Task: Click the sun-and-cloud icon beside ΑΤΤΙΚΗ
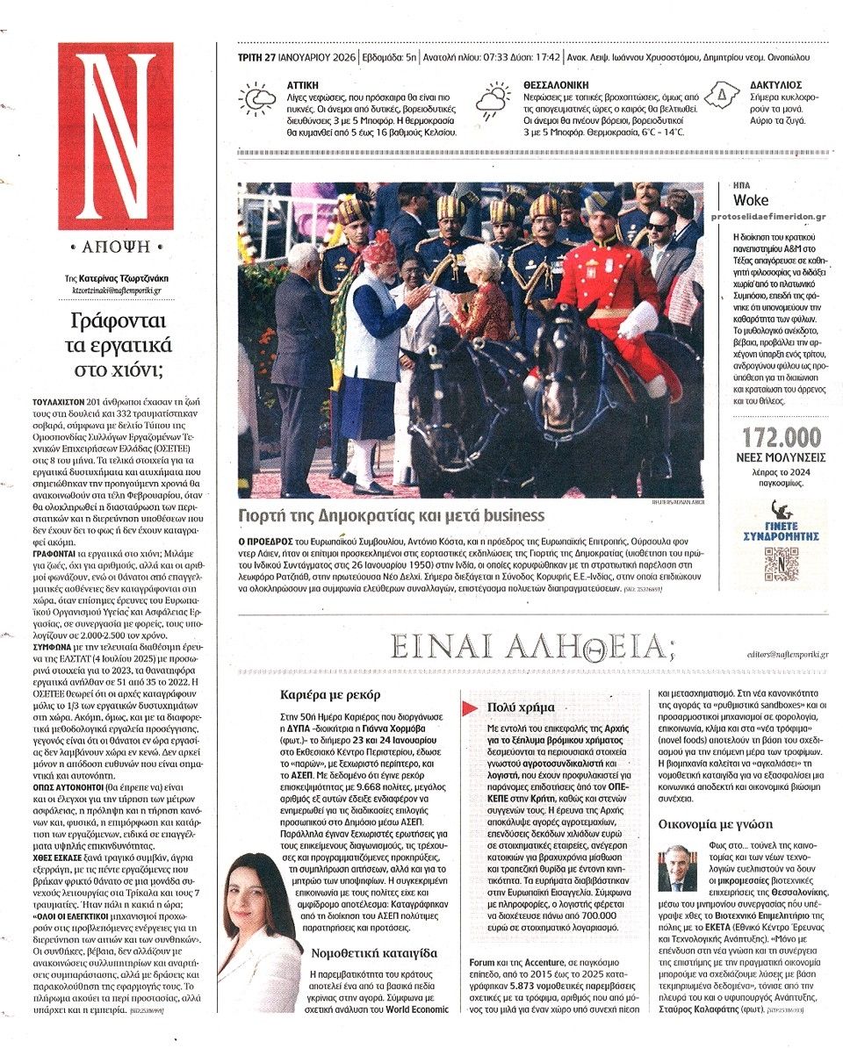tap(257, 100)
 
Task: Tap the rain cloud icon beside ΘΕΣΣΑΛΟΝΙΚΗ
tap(492, 102)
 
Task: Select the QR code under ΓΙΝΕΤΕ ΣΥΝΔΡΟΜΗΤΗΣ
tap(782, 563)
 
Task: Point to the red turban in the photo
tap(379, 250)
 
